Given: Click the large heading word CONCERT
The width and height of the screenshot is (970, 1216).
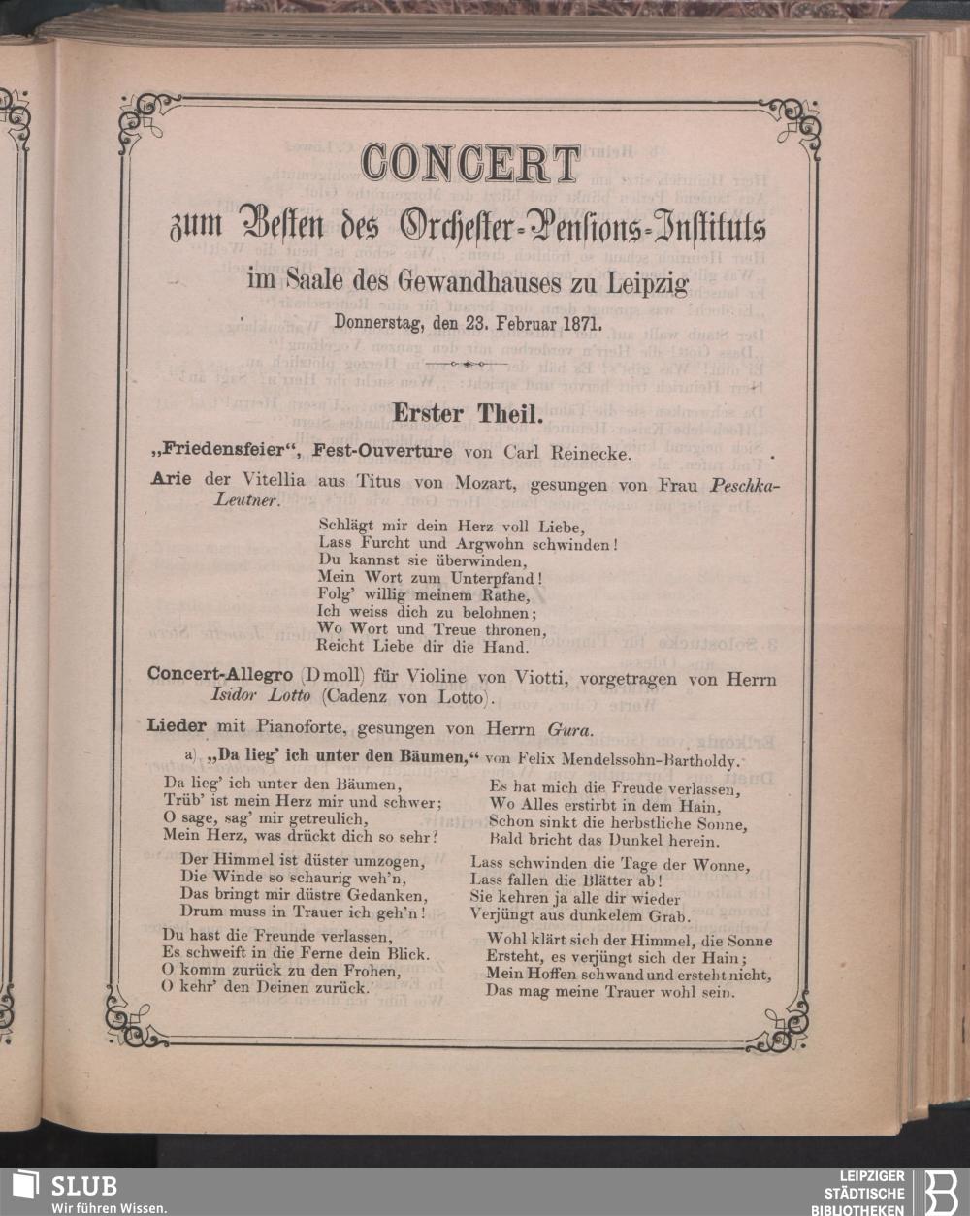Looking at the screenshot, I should pyautogui.click(x=469, y=165).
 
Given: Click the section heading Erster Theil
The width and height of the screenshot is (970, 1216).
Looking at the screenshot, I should pyautogui.click(x=465, y=413).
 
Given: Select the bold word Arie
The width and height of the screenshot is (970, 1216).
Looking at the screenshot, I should pyautogui.click(x=172, y=480).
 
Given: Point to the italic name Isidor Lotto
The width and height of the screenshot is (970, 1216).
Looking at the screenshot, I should pyautogui.click(x=260, y=695).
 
